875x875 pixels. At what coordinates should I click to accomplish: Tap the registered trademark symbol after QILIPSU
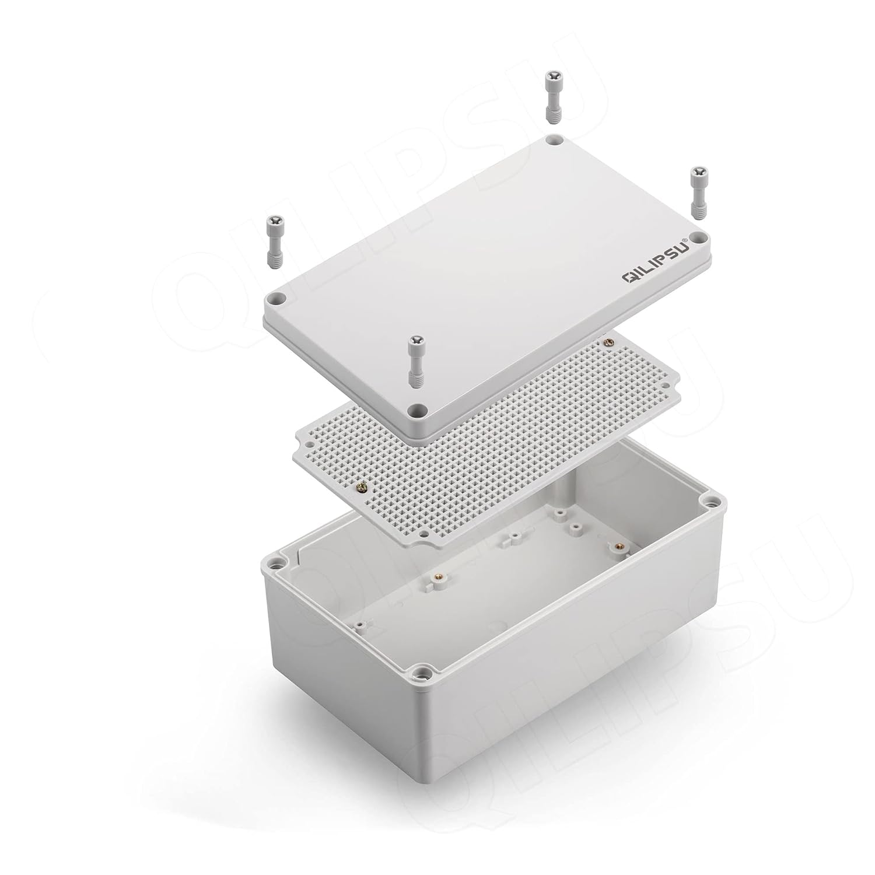687,239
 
